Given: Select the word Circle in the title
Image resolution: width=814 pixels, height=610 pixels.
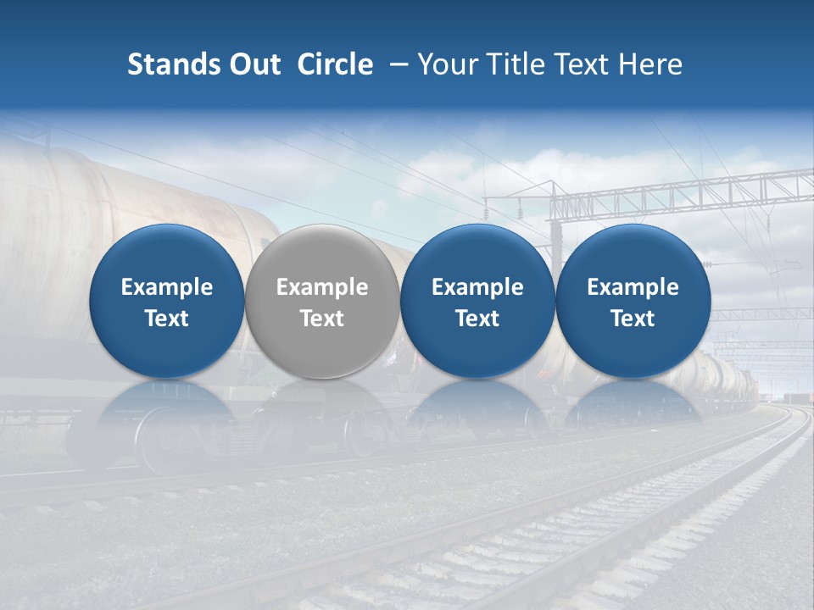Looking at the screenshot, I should click(x=335, y=64).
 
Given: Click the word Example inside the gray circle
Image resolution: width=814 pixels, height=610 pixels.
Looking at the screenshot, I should click(x=322, y=287).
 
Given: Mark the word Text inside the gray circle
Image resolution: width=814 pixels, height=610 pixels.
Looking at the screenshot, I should click(x=322, y=319).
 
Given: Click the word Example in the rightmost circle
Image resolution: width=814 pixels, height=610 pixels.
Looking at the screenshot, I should click(x=633, y=287).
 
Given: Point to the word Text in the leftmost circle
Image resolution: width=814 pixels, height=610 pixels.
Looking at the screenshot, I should click(x=166, y=319).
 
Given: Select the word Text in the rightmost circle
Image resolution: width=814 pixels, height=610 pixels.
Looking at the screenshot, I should click(x=633, y=319).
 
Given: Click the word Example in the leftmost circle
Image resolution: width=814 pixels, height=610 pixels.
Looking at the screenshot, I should click(x=166, y=287).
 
